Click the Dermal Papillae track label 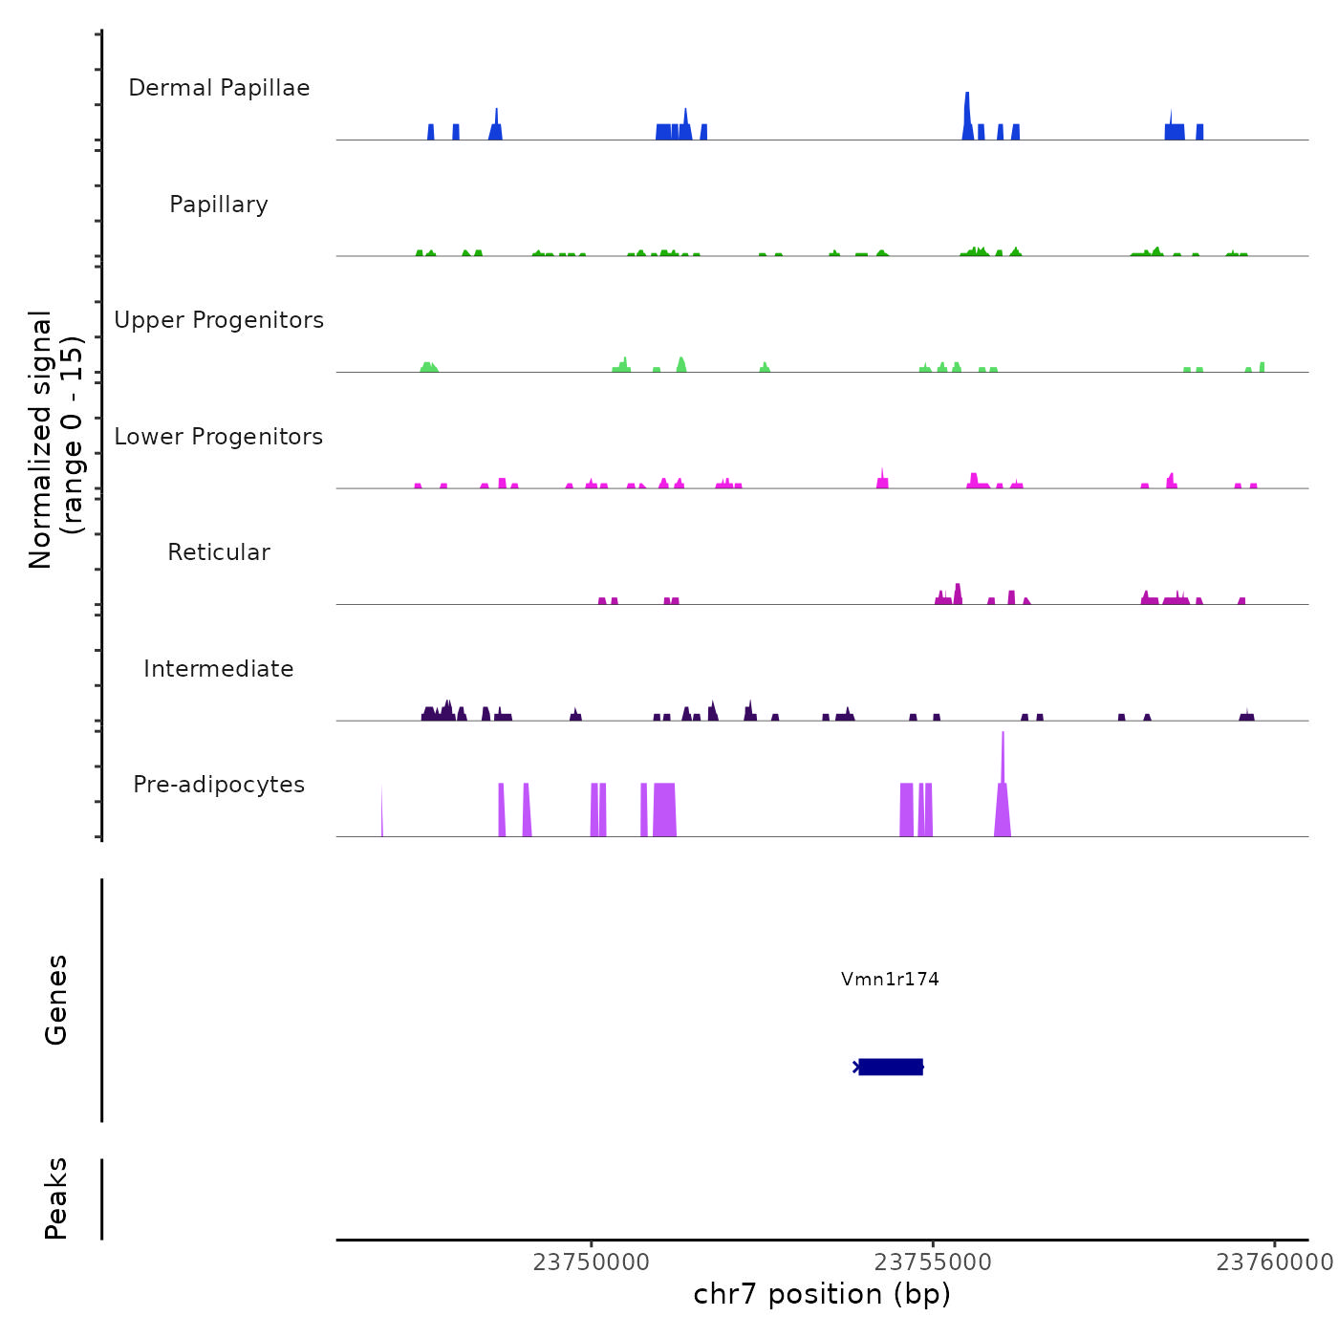[219, 88]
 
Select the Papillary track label [219, 205]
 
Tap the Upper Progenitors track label [219, 320]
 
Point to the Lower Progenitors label [219, 437]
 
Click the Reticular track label [219, 552]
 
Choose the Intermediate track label [219, 669]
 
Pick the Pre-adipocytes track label [219, 785]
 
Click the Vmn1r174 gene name [890, 979]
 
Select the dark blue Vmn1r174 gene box [891, 1067]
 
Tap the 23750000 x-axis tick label [592, 1262]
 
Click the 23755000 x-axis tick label [933, 1262]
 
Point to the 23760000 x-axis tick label [1274, 1262]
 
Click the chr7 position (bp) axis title [822, 1294]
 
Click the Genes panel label [56, 1000]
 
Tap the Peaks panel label [56, 1198]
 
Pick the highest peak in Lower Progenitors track [881, 477]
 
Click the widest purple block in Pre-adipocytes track [665, 810]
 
